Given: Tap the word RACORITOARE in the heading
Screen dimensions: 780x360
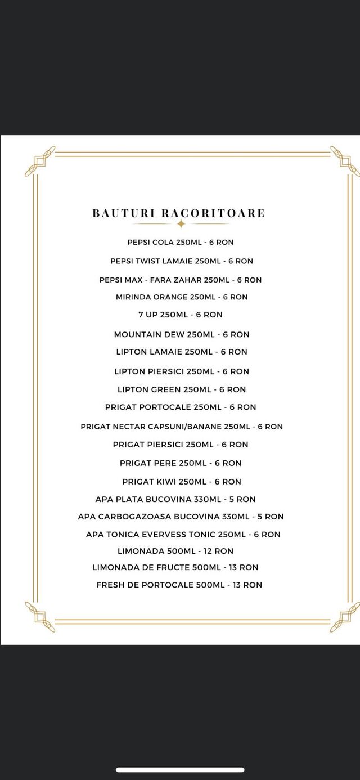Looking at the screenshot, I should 213,213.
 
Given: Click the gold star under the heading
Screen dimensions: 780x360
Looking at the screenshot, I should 181,224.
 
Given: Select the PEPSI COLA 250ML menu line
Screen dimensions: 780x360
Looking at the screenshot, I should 181,243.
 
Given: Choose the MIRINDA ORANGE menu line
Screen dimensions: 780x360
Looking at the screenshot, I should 181,297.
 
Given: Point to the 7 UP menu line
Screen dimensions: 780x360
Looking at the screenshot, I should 180,315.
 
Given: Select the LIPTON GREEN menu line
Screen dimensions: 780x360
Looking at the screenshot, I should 181,389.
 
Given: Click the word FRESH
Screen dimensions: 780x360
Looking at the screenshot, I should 110,585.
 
